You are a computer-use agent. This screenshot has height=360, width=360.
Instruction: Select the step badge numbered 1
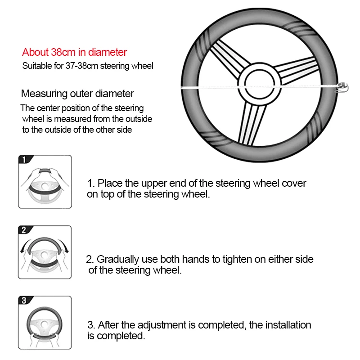click(24, 160)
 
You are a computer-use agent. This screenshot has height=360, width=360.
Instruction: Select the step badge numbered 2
click(24, 230)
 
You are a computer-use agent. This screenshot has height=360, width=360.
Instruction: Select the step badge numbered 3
click(24, 301)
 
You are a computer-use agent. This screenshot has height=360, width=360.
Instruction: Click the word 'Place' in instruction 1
click(107, 184)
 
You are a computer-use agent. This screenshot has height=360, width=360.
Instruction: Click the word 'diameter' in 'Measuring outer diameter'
click(117, 94)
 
